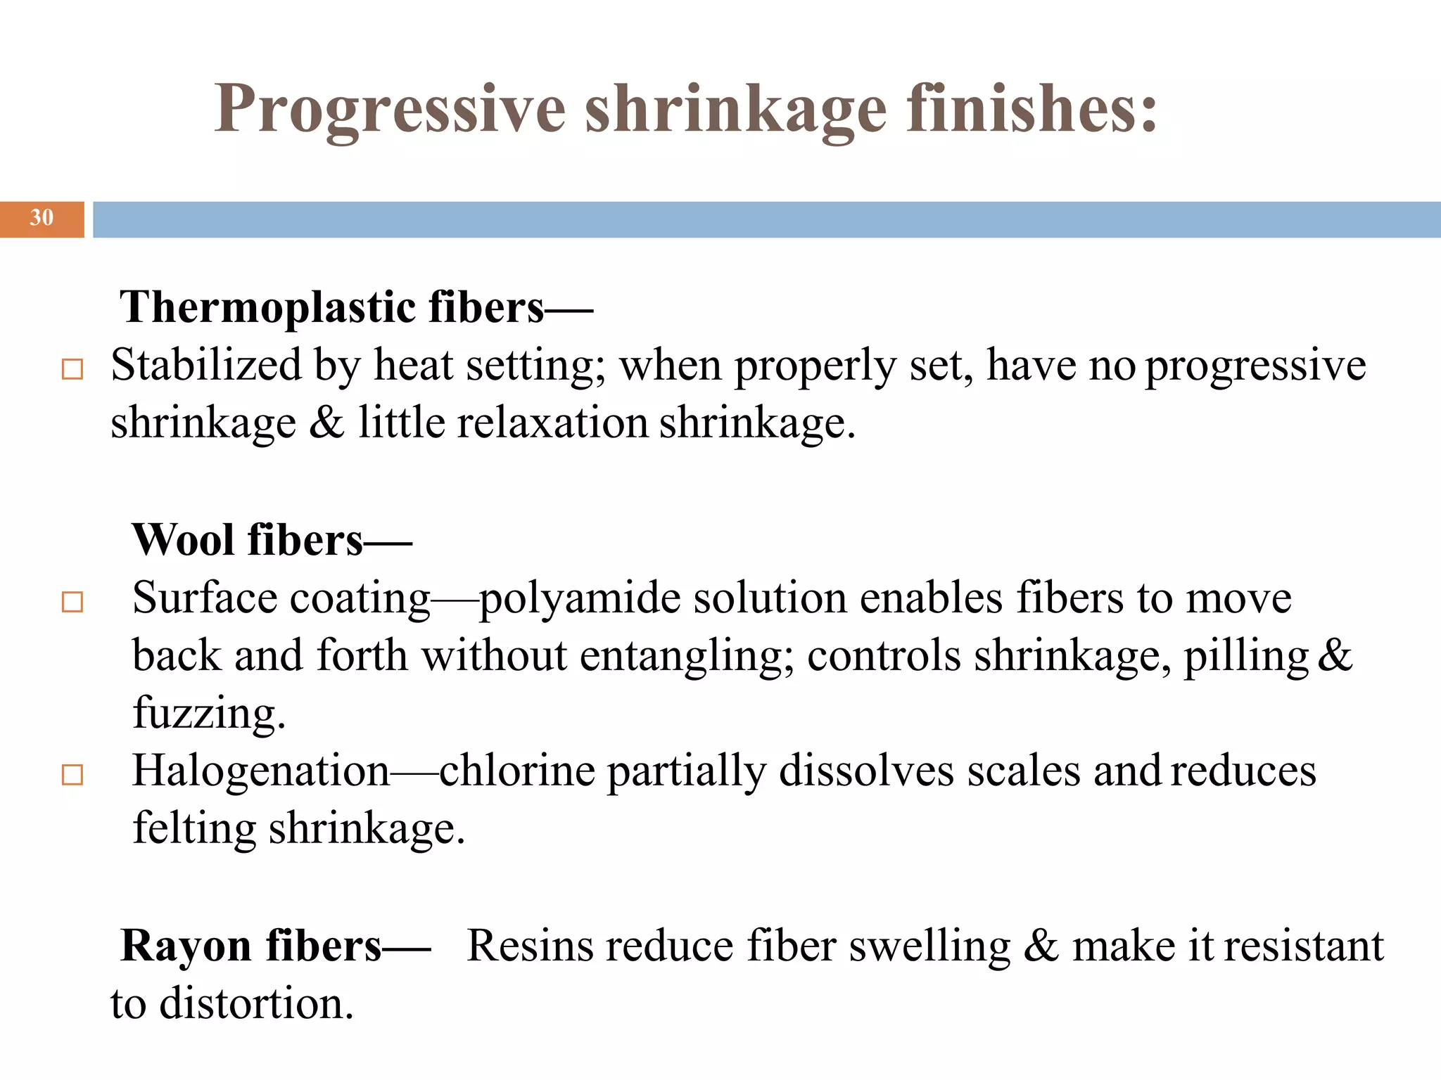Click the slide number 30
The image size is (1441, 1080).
coord(42,218)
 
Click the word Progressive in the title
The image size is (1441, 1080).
coord(390,109)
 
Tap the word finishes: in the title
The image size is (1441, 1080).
coord(1031,109)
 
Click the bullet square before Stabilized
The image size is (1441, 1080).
coord(72,370)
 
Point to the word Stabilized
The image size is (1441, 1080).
coord(206,366)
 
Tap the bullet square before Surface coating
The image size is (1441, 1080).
coord(72,602)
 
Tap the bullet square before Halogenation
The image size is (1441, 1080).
coord(72,775)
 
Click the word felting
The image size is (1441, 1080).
coord(194,829)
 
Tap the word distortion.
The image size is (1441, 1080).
coord(256,1003)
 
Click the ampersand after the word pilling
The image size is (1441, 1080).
coord(1334,655)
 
